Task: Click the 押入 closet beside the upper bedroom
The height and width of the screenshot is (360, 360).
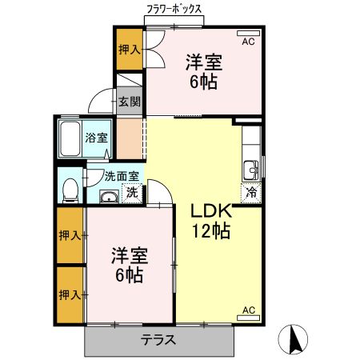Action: point(129,50)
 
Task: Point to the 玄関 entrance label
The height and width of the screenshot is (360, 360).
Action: point(130,102)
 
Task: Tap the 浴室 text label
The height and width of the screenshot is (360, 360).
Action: point(97,138)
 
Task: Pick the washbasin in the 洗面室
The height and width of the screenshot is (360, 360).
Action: point(107,196)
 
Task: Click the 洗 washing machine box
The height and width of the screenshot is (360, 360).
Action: point(133,193)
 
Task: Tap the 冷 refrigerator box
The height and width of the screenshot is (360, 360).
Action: point(251,192)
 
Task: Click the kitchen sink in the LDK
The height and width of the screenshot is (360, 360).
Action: point(250,169)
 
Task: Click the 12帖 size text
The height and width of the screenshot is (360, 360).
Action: point(210,233)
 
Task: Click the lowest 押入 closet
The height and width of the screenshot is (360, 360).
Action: point(70,295)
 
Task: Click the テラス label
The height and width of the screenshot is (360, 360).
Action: point(159,340)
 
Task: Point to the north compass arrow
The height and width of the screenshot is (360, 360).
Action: point(294,340)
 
